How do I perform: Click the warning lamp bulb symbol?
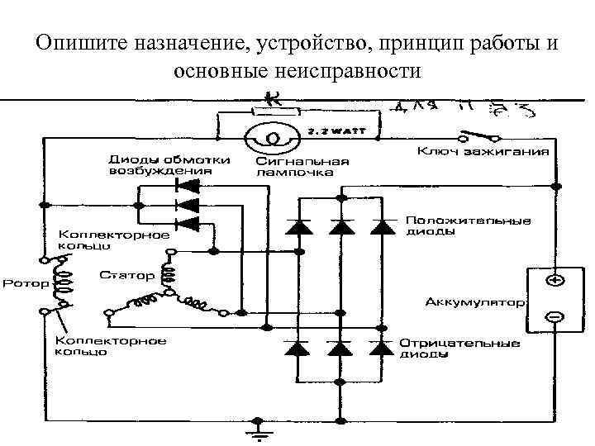(270, 135)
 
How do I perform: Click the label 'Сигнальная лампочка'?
(301, 167)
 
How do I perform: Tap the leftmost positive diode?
(298, 226)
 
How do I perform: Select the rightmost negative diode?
(380, 348)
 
